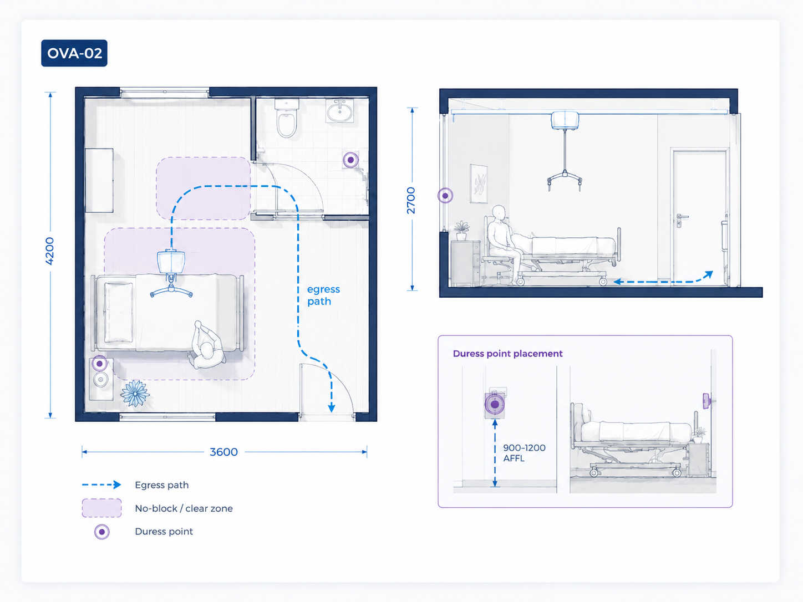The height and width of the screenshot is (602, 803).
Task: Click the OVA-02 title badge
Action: (74, 53)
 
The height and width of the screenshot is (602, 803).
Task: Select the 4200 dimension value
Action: (50, 251)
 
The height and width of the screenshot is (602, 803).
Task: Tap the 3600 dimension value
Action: (223, 452)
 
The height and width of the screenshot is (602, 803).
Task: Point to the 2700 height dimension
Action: (411, 200)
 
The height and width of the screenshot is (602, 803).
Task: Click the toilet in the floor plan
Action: (287, 118)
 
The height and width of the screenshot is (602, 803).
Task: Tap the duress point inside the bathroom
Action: (350, 160)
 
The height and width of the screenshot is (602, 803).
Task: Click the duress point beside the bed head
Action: (99, 364)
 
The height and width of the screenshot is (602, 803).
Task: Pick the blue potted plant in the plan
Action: (135, 393)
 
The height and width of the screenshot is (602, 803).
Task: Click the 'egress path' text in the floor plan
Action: (323, 295)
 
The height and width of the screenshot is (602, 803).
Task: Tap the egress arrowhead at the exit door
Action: (332, 408)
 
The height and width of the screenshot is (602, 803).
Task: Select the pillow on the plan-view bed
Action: (119, 312)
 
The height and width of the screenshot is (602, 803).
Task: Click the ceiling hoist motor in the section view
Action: (565, 121)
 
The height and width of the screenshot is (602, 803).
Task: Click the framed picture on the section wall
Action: (479, 184)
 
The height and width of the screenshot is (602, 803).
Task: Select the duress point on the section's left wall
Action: (445, 196)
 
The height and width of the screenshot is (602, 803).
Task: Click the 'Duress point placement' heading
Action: (507, 354)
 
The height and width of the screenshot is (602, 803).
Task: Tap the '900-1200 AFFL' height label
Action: (524, 453)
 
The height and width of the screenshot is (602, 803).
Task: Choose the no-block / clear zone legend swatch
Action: (101, 508)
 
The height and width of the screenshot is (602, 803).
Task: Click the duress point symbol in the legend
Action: (101, 532)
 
